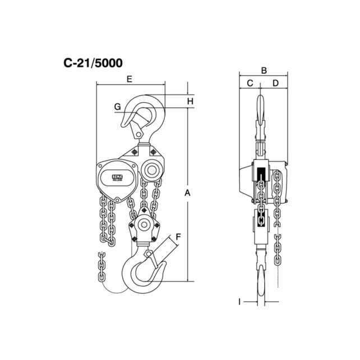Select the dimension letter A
coord(188,193)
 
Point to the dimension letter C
coord(250,84)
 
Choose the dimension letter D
coord(275,84)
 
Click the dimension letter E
coord(130,80)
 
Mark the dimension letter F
coord(178,236)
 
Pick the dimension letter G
coord(117,107)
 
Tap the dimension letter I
coord(239,302)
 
